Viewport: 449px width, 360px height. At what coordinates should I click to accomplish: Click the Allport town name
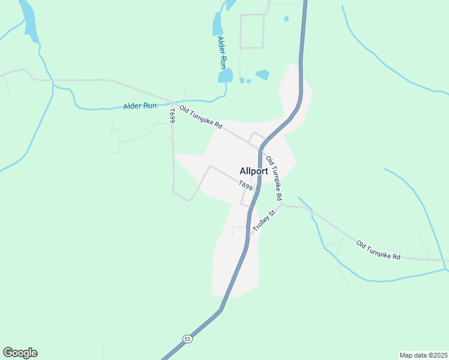click(253, 171)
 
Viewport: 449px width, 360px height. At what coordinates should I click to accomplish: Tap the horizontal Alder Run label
click(140, 106)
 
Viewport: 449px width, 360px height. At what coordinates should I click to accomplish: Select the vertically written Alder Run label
click(222, 52)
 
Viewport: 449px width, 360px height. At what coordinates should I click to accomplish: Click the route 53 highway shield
click(188, 338)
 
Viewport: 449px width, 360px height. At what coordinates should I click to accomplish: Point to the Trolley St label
click(264, 221)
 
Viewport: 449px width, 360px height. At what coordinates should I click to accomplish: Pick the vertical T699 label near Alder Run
click(172, 115)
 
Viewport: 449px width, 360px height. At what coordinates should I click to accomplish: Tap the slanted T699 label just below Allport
click(246, 186)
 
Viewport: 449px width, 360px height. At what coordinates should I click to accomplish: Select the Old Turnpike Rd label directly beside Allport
click(274, 178)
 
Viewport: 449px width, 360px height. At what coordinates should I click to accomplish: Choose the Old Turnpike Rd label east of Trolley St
click(378, 250)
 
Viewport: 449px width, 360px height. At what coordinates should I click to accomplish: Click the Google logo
click(20, 353)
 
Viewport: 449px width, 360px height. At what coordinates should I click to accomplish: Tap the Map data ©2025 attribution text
click(424, 355)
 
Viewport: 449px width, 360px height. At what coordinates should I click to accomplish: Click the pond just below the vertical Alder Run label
click(225, 76)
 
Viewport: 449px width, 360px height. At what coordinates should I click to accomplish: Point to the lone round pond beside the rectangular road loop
click(286, 19)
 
